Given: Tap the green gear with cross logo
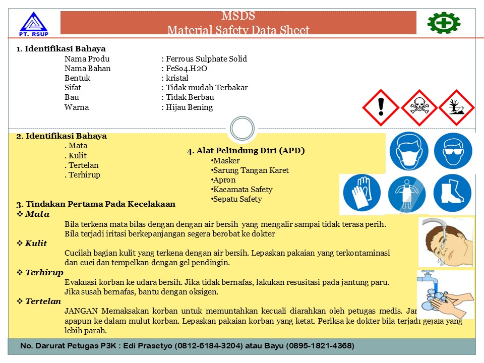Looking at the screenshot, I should pos(444,23).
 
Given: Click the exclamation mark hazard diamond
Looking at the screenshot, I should pos(381,107).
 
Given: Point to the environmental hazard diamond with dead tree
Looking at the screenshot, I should pos(456,107).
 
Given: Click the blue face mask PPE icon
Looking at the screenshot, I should pos(408,152).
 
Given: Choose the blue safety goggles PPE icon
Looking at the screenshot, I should pos(453,151).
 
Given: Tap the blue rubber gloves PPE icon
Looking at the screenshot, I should pos(361,194).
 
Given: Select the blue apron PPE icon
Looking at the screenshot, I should pos(407,194).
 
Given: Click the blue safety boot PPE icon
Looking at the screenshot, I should pos(452,193).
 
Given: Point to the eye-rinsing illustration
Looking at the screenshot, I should pos(446,242).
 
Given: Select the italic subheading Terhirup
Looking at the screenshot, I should pos(44,273).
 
